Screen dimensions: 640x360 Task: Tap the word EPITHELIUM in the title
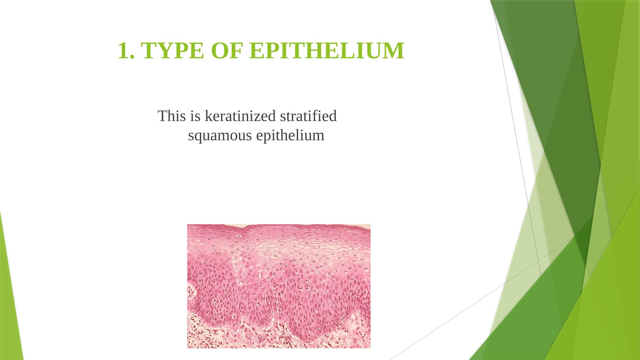pos(327,51)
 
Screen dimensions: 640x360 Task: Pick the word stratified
pos(308,116)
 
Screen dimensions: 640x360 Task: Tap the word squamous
pos(220,136)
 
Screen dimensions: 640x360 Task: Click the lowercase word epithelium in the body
pos(290,136)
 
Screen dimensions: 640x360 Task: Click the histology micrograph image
pos(279,286)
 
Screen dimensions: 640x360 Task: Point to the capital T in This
pos(162,116)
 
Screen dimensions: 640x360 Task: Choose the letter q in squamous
pos(200,137)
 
